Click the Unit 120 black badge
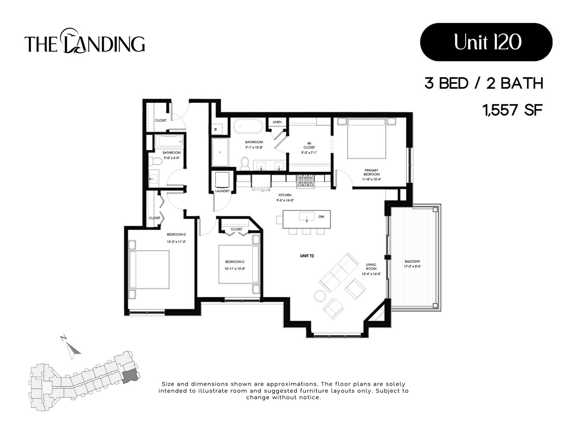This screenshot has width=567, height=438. [486, 42]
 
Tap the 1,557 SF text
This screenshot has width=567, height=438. [513, 109]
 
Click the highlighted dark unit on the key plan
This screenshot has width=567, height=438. [129, 376]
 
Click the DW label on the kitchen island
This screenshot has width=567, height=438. [321, 217]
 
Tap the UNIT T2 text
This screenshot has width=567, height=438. [307, 256]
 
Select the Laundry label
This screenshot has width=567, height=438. [222, 191]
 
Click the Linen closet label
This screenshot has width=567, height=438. [277, 122]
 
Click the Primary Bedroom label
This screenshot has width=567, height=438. [371, 172]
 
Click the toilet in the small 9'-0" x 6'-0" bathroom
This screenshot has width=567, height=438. [155, 160]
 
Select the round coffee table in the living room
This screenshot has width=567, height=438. [319, 295]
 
